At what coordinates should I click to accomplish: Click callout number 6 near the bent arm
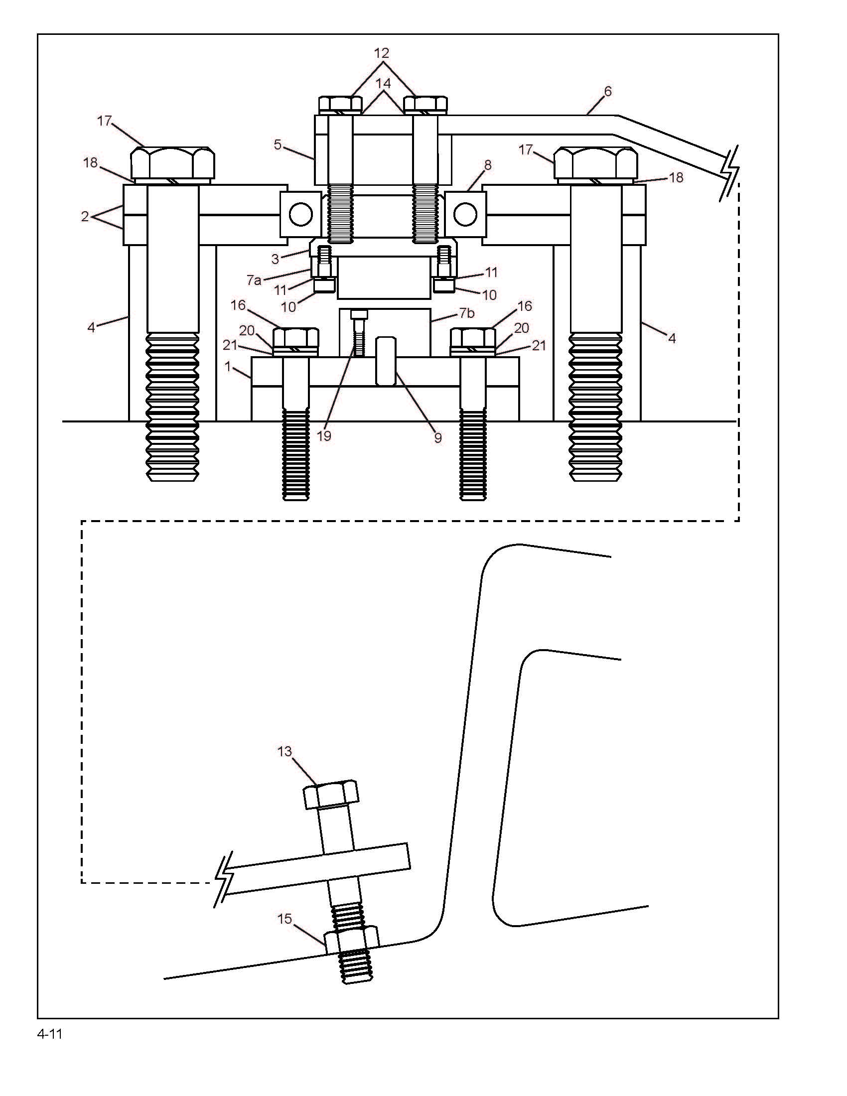click(608, 91)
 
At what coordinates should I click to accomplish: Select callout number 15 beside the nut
click(284, 919)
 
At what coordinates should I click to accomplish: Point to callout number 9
click(438, 437)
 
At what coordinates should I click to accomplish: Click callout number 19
click(324, 435)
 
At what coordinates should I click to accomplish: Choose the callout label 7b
click(467, 313)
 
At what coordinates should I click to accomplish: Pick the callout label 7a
click(254, 280)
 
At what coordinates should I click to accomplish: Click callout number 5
click(278, 145)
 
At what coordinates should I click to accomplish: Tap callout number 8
click(488, 165)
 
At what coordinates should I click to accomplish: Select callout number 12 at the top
click(382, 53)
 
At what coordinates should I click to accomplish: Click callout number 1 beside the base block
click(228, 367)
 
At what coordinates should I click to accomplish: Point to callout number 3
click(275, 259)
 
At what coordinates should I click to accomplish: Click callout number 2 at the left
click(85, 216)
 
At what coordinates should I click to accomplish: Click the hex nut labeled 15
click(351, 940)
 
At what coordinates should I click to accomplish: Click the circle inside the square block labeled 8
click(465, 214)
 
